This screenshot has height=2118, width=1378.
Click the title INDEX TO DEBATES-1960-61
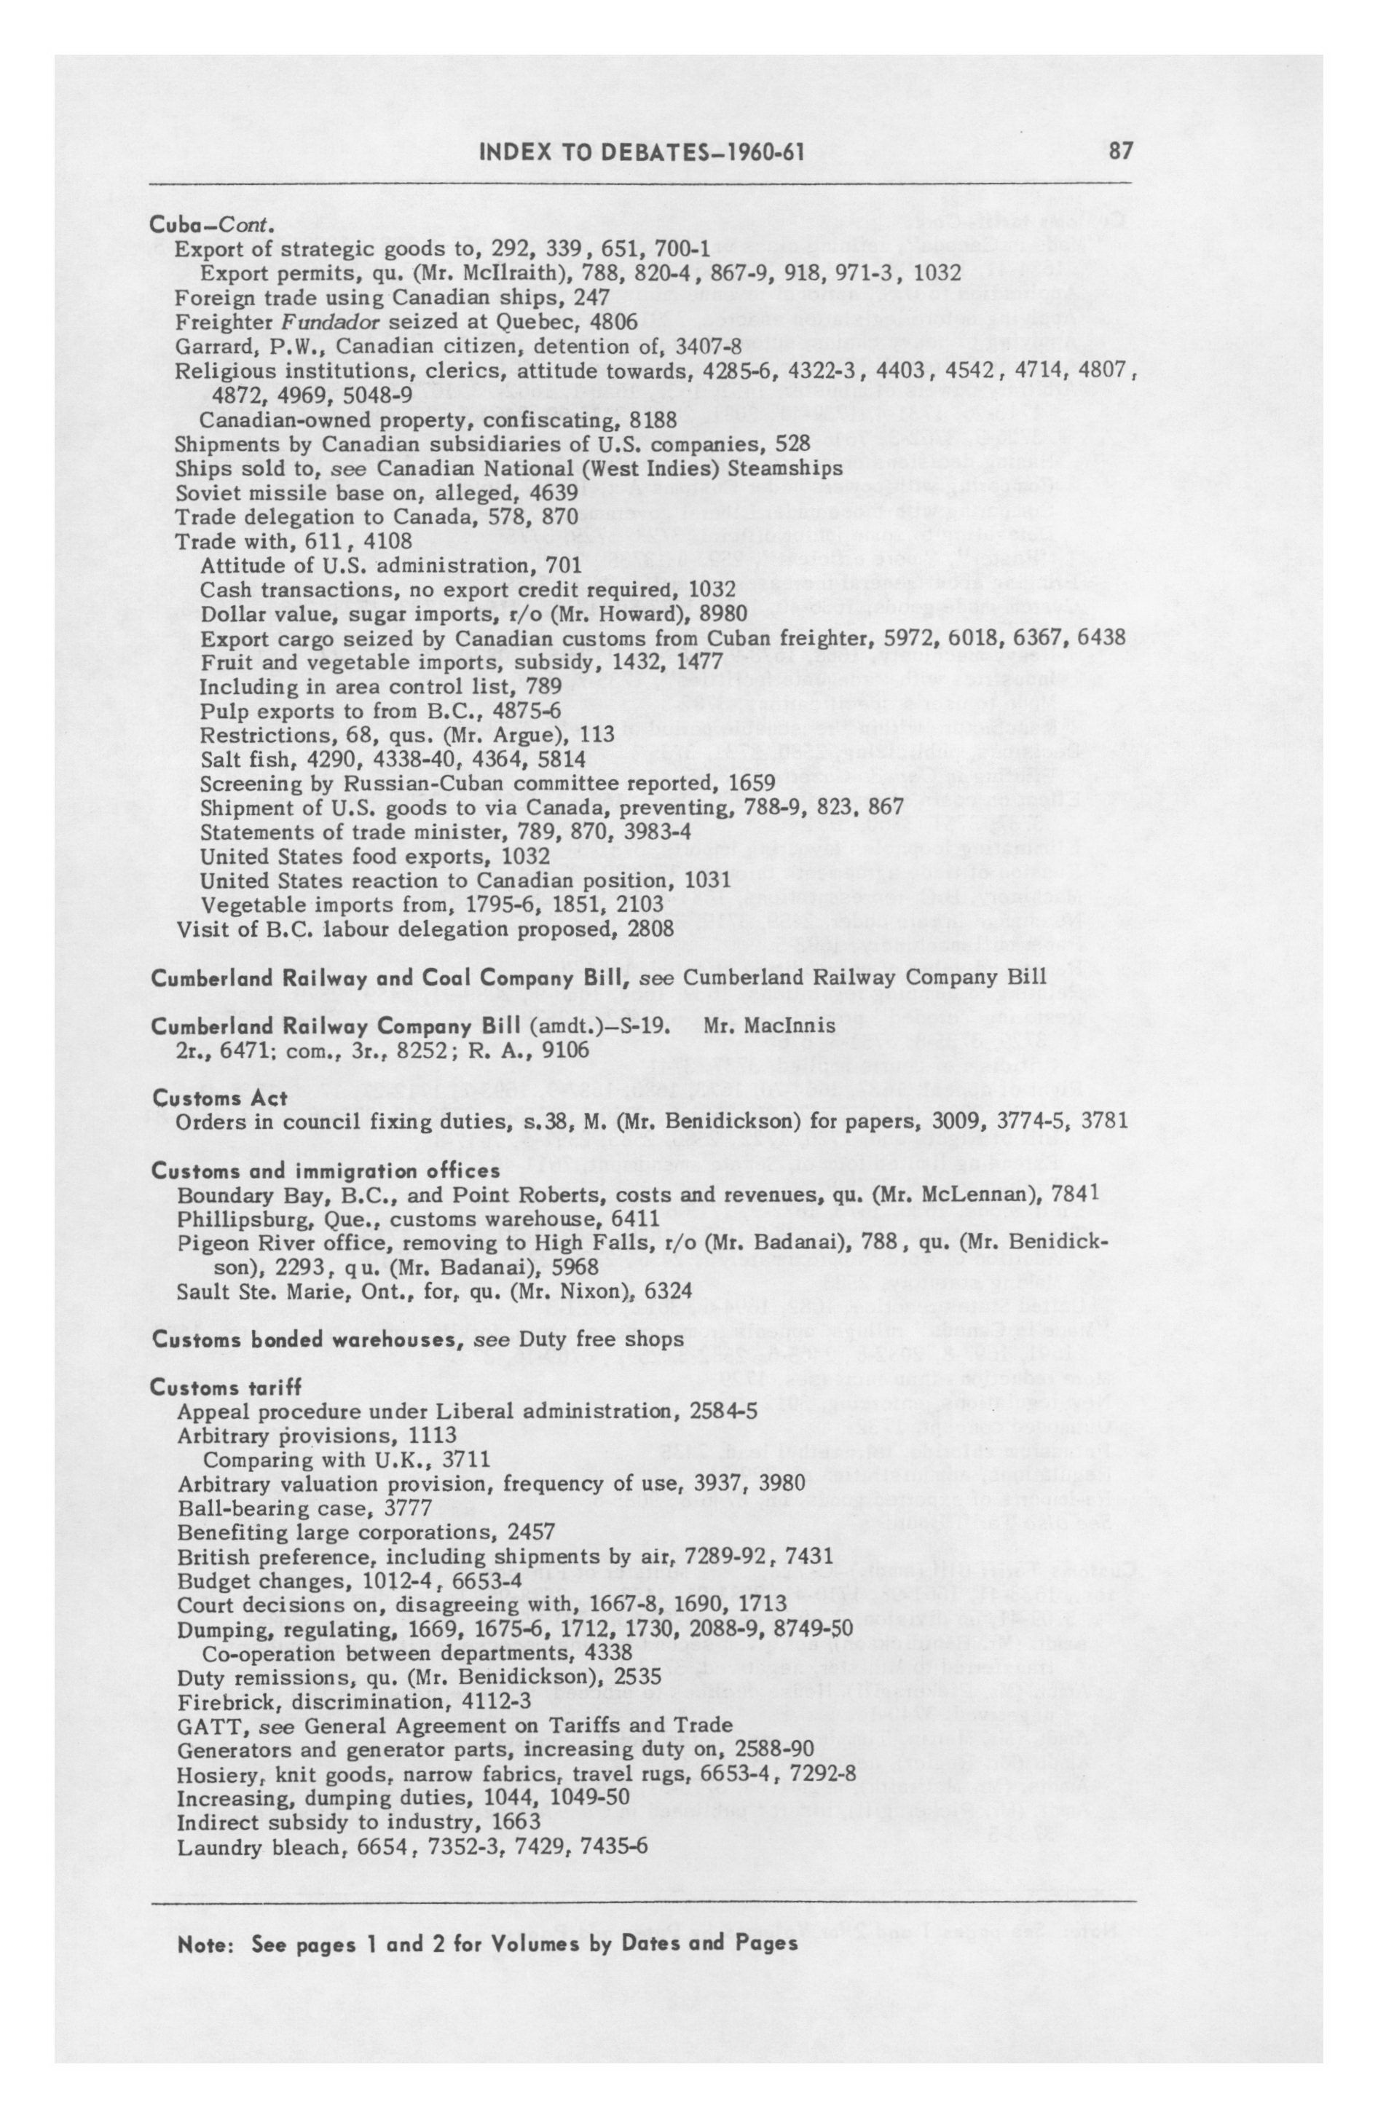click(x=642, y=152)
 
